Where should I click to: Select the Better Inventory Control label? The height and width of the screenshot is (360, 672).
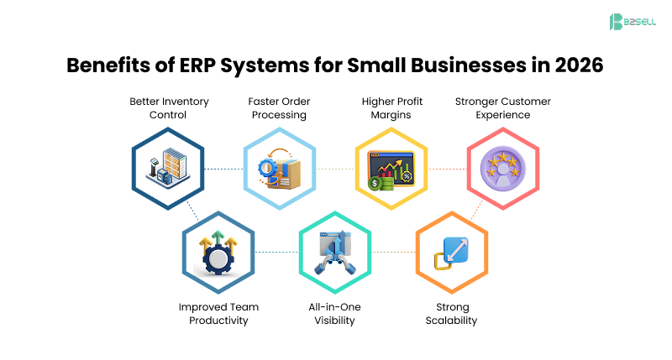[x=169, y=108]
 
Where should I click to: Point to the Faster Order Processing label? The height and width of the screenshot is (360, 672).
[x=279, y=108]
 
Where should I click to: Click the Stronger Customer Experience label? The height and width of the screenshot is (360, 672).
[x=502, y=108]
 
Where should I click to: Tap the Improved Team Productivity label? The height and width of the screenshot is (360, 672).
[x=218, y=313]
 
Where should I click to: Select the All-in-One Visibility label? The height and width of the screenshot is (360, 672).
[x=334, y=313]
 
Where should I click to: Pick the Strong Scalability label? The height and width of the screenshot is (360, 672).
[x=451, y=313]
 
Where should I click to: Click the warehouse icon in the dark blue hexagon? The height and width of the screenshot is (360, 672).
[x=168, y=168]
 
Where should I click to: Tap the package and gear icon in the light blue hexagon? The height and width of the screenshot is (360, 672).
[x=279, y=168]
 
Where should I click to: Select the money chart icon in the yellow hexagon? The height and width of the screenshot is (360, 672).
[x=391, y=168]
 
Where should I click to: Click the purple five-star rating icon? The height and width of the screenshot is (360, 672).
[x=502, y=168]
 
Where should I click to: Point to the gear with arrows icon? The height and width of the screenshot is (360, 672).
[x=218, y=252]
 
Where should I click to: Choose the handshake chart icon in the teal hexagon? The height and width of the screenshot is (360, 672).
[x=334, y=252]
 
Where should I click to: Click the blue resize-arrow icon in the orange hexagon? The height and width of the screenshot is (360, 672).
[x=451, y=252]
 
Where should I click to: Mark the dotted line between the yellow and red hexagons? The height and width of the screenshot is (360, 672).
[x=445, y=169]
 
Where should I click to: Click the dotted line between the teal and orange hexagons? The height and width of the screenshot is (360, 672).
[x=392, y=252]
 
